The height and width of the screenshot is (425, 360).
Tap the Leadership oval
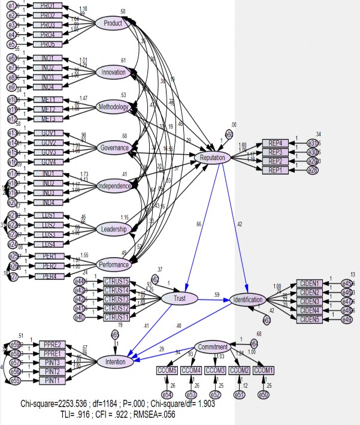114,228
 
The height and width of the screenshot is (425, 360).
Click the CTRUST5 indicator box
125,281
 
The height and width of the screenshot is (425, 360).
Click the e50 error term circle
264,394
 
